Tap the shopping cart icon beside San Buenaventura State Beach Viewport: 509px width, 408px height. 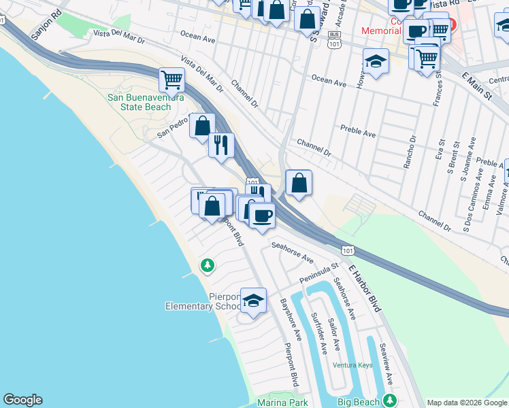click(x=171, y=80)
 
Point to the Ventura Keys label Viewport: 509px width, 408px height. click(x=352, y=365)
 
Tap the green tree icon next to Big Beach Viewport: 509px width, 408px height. click(x=389, y=400)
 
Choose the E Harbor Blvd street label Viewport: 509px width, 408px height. click(x=365, y=288)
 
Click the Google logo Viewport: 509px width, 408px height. click(x=22, y=400)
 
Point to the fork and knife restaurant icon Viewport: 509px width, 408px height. click(x=222, y=144)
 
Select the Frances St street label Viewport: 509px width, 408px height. click(x=438, y=91)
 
